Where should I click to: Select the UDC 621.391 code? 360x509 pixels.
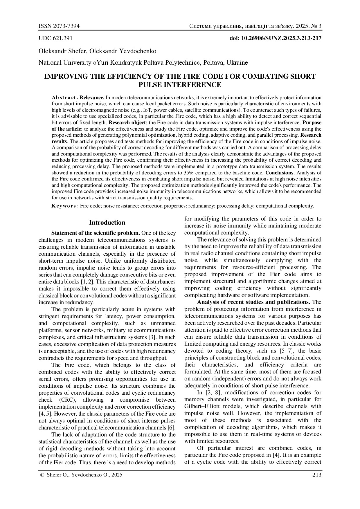click(55, 38)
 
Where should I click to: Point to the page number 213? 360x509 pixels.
click(317, 475)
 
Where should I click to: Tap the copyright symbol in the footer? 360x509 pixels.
click(42, 475)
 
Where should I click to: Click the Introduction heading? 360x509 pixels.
click(107, 223)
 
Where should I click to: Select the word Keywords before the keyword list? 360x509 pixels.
click(64, 206)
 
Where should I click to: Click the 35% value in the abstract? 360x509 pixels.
click(189, 173)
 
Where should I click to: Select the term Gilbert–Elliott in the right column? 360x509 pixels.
click(201, 406)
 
